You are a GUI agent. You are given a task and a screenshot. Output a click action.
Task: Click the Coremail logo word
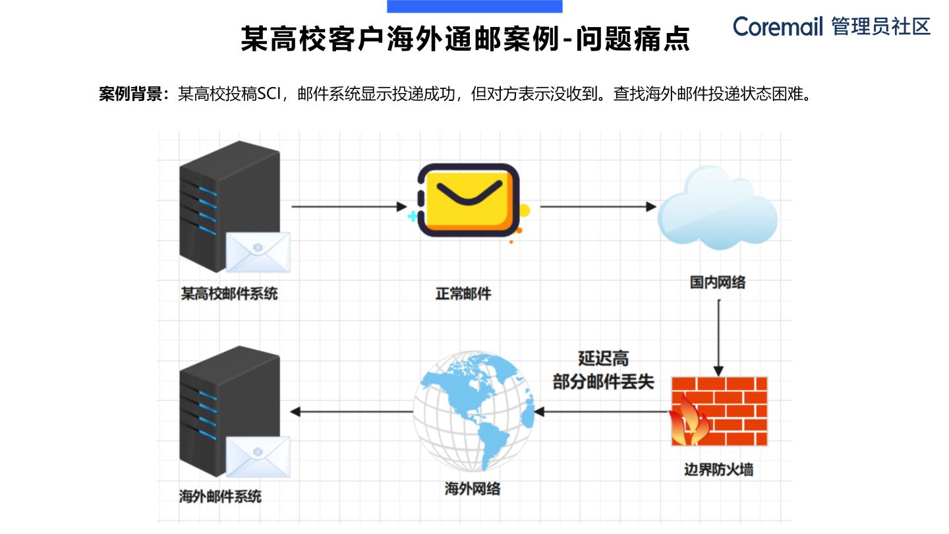pos(778,26)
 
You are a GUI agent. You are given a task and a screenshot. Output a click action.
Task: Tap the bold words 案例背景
pos(130,94)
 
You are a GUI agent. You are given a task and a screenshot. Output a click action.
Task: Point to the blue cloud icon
pos(718,208)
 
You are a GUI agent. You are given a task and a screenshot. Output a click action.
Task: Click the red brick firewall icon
pos(720,411)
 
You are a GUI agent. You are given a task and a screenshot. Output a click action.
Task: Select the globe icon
pos(473,411)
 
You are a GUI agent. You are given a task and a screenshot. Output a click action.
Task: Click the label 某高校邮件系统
pos(229,293)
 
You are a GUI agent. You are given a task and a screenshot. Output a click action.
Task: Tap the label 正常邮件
pos(463,293)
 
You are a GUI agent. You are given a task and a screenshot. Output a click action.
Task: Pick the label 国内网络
pos(718,283)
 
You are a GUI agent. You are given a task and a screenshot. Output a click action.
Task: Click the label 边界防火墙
pos(719,470)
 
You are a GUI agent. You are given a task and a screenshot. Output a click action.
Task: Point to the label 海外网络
pos(473,489)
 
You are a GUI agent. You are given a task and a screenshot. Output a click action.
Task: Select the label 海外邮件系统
pos(220,496)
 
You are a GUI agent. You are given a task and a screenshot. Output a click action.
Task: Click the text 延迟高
pos(603,359)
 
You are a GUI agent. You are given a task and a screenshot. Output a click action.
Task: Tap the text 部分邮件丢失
pos(603,382)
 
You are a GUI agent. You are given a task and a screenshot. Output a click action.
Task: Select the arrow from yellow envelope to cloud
pos(598,207)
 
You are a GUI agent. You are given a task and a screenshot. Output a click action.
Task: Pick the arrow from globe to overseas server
pos(352,412)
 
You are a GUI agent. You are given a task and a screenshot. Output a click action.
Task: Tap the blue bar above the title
pos(474,7)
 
